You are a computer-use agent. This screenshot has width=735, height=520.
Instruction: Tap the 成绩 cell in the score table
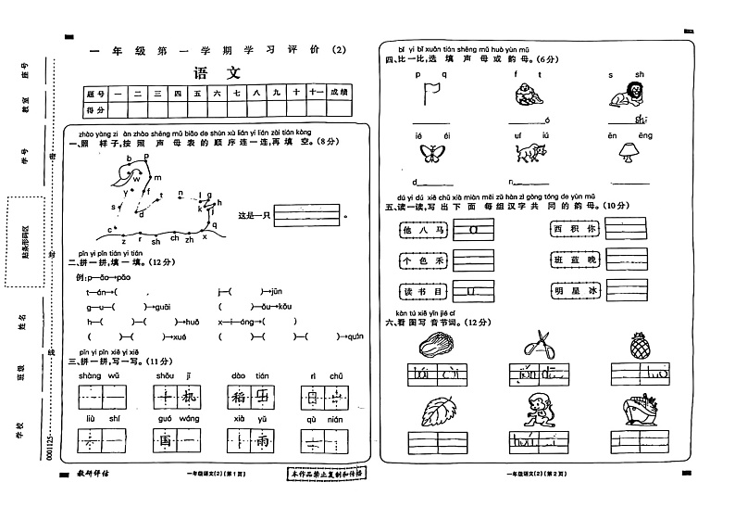click(339, 93)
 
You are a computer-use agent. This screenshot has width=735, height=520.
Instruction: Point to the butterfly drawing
click(430, 152)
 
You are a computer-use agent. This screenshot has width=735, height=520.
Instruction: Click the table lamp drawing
click(626, 152)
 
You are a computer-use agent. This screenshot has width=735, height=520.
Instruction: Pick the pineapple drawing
click(638, 346)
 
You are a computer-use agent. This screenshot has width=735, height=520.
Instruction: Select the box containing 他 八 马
click(421, 228)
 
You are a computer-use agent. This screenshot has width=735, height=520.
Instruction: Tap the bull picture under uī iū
click(528, 154)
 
